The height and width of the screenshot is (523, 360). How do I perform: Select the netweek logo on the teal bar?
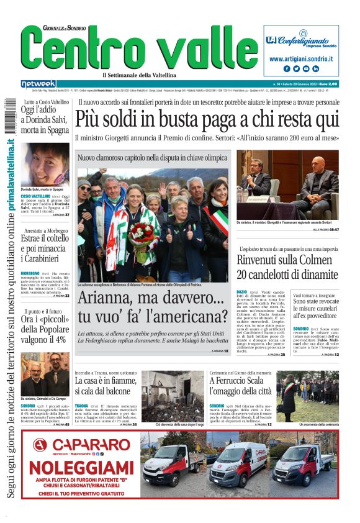(38, 84)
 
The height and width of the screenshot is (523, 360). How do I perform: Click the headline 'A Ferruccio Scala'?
(240, 380)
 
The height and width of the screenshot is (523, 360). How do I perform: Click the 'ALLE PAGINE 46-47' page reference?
(325, 229)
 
